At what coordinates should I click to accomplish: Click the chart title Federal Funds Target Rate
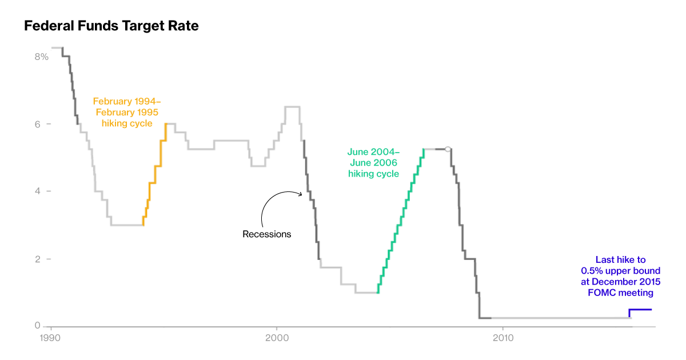pos(111,26)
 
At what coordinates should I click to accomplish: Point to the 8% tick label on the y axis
pos(41,57)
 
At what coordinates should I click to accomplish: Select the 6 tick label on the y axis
pos(38,124)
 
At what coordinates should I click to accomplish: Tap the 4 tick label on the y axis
pos(38,191)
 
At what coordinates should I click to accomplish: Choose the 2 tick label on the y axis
pos(38,259)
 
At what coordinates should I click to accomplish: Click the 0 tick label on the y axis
pos(38,326)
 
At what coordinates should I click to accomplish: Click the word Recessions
pos(266,234)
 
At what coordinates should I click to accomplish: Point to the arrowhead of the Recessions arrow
pos(301,194)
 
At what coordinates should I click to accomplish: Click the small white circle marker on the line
pos(448,149)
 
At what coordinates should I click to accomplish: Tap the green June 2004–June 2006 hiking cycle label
pos(373,163)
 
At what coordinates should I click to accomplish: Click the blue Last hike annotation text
pos(620,276)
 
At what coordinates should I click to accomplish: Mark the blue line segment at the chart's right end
pos(640,310)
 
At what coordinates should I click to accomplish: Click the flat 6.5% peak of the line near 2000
pos(292,107)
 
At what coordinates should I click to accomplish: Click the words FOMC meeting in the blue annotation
pos(620,293)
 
